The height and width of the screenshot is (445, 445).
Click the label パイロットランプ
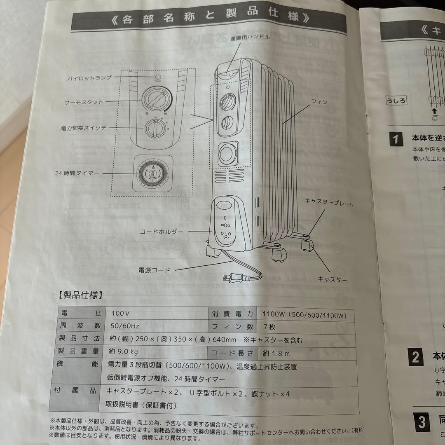click(89, 77)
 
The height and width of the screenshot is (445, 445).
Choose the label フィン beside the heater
click(319, 101)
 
